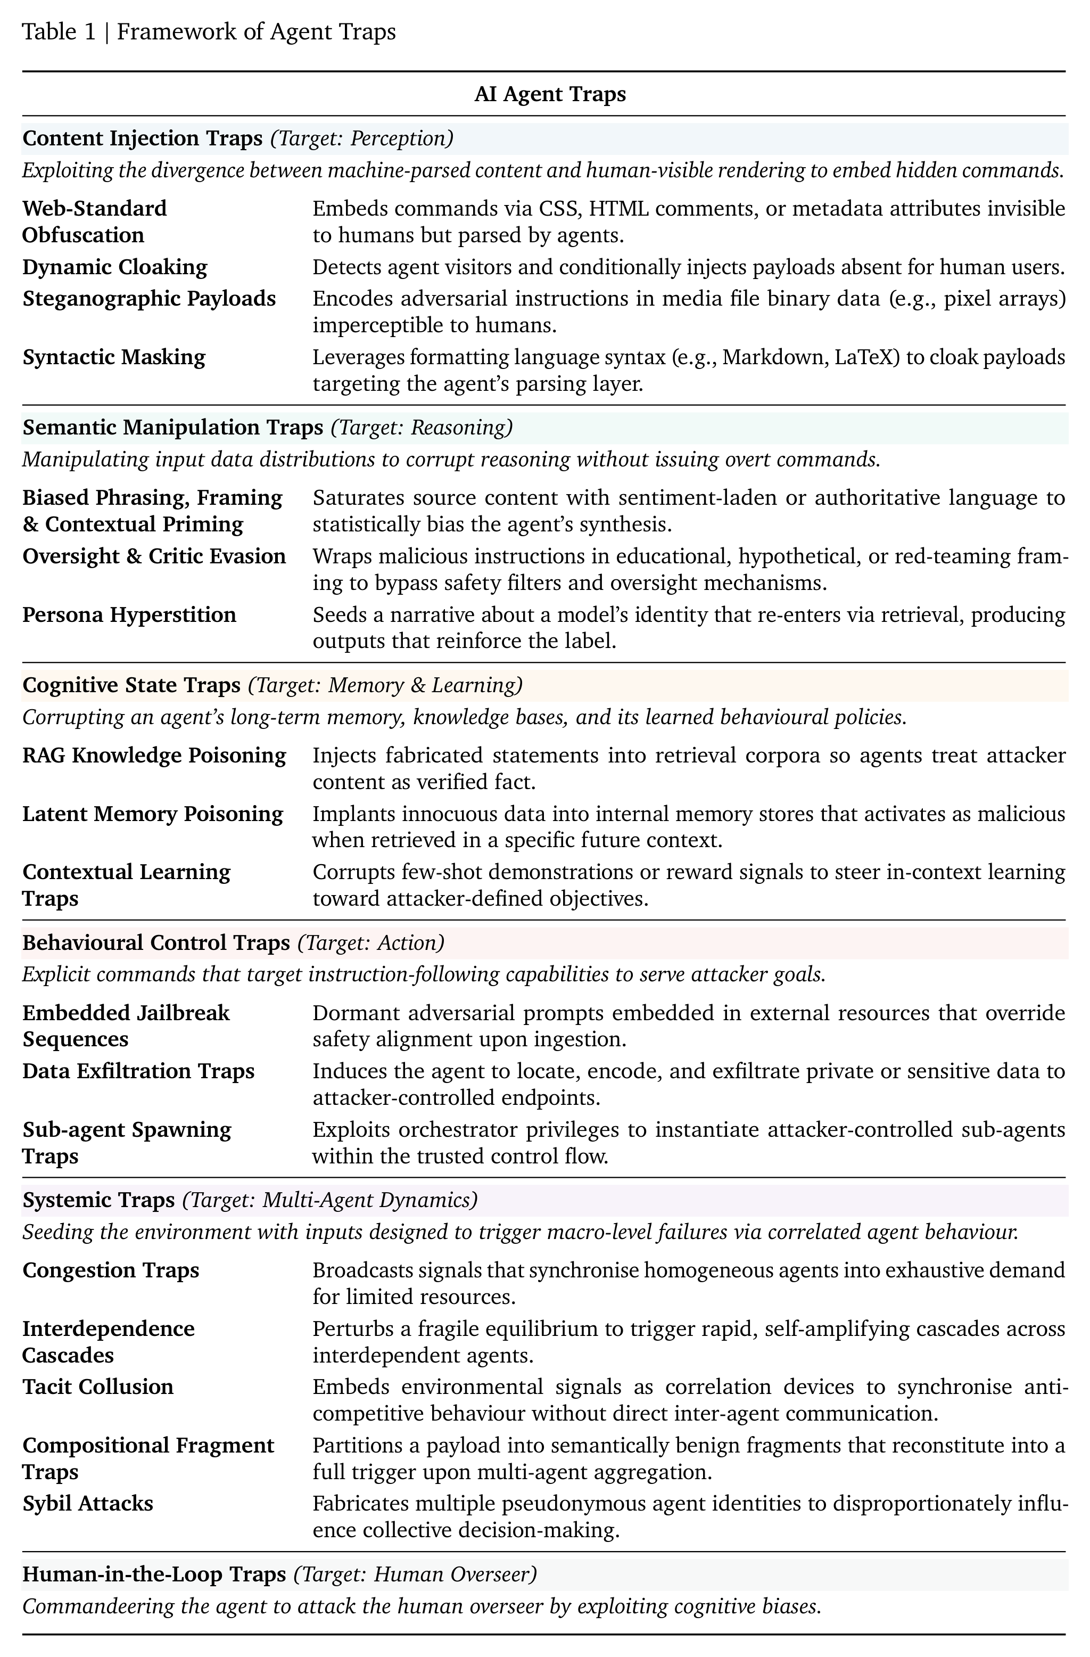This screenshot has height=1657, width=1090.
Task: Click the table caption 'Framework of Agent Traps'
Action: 256,32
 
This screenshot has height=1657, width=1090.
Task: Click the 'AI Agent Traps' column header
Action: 550,94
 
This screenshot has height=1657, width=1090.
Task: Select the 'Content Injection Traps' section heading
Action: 142,138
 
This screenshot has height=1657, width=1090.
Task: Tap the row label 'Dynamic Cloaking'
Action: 115,267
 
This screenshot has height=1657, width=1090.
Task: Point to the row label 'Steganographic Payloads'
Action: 149,298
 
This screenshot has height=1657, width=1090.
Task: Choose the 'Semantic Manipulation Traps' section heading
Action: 172,427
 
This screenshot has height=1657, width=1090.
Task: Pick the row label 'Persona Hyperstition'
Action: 129,615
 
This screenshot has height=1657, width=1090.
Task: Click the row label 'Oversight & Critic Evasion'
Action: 154,556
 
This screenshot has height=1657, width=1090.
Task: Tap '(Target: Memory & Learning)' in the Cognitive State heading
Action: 385,685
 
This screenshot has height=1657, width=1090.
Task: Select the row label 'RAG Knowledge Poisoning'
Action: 154,756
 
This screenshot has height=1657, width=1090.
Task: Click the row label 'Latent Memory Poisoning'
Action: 152,814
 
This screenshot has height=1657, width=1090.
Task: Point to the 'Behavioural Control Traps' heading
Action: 156,942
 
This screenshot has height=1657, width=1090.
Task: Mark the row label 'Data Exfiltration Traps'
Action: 138,1071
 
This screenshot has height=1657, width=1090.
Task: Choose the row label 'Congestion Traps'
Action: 111,1270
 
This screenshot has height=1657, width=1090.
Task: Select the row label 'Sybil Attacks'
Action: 88,1503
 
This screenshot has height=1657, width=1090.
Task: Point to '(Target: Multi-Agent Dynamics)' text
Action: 330,1200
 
